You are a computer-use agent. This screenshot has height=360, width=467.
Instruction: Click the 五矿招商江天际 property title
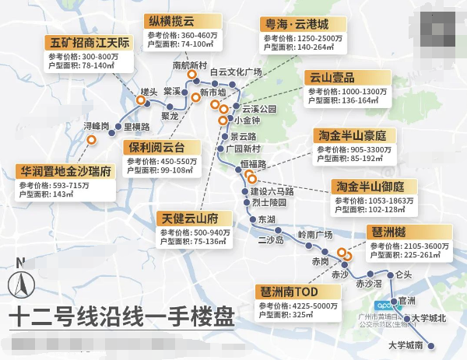tap(89, 42)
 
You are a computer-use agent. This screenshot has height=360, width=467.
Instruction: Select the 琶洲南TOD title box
tap(288, 292)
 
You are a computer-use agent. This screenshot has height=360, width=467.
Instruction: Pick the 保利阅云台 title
tap(160, 147)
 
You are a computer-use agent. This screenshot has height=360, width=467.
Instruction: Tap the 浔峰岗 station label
tap(97, 127)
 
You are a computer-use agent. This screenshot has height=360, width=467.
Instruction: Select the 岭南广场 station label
tap(315, 234)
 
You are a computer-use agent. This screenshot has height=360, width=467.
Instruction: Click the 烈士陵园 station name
tap(269, 202)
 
